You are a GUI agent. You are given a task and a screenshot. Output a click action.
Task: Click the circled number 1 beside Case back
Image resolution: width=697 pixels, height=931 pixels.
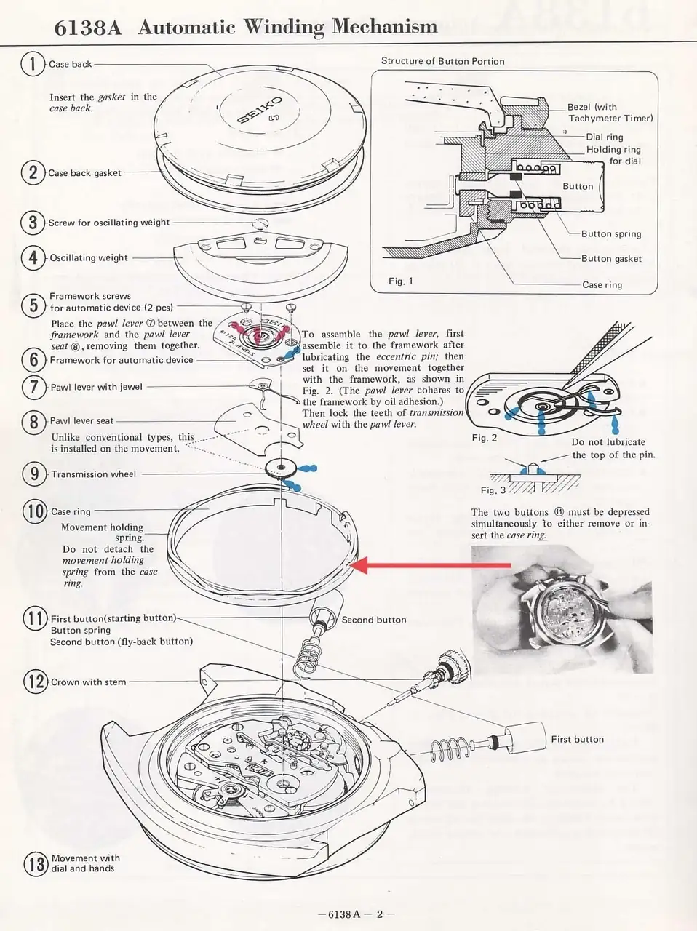33,64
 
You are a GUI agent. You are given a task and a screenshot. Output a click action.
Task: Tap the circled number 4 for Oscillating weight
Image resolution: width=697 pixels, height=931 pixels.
33,257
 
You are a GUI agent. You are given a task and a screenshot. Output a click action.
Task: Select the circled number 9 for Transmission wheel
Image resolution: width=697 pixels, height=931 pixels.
34,474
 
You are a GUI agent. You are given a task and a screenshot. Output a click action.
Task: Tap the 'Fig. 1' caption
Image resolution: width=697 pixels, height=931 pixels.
401,281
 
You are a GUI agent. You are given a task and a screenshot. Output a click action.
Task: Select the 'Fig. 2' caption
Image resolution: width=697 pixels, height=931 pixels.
485,438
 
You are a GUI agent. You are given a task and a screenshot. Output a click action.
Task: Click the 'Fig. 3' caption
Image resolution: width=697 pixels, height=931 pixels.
493,490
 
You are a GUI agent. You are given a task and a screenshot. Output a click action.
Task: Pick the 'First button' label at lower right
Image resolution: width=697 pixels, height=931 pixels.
577,739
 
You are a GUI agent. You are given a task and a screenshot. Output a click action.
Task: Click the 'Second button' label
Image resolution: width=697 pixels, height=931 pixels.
374,620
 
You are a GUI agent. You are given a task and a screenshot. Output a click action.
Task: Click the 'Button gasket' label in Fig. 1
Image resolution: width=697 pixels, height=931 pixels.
611,259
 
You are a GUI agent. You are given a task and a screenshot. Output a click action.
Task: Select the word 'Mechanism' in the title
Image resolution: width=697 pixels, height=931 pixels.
384,28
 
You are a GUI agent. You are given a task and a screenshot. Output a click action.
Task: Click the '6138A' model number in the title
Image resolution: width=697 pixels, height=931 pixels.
88,28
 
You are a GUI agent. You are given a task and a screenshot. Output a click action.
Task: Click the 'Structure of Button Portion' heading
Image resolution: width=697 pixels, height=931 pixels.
442,61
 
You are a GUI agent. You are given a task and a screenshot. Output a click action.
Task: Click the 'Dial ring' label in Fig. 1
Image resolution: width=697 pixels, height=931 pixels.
605,137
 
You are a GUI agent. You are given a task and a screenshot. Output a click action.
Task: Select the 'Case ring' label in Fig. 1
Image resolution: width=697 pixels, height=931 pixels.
602,285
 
